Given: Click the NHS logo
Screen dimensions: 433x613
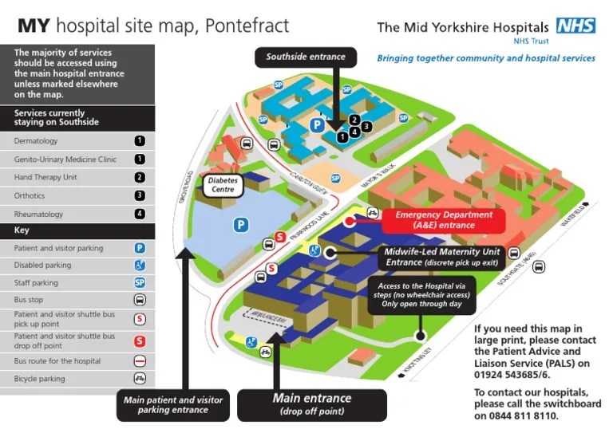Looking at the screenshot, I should coord(575,26).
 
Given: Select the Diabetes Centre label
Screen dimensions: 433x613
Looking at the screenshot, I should coord(223,185).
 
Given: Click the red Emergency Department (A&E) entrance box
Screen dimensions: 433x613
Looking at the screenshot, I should coord(444,220).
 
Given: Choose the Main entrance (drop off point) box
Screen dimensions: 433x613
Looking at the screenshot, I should coord(312,403).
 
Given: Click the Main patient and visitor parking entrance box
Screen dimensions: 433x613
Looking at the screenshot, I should coord(172,404).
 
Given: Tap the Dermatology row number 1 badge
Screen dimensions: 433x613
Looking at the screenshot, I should coord(140,141).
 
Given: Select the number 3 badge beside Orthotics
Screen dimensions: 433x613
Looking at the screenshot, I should coord(140,195).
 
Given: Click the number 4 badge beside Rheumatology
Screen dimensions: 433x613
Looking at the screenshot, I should coord(140,214).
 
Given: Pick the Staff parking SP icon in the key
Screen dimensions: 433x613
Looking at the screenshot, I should coord(140,283).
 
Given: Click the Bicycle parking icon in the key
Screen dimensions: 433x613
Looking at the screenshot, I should coord(140,379).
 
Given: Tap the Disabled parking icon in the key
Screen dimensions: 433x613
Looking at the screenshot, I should coord(140,266).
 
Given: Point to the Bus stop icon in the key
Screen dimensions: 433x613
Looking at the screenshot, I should coord(140,301).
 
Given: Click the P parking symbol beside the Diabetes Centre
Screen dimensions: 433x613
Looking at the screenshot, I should coord(240,226).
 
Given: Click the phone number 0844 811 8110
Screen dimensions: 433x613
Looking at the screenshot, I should coord(528,416).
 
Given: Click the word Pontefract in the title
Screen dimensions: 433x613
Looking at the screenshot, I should coord(247,26).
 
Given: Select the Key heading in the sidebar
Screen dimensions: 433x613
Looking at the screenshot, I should coord(22,231).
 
